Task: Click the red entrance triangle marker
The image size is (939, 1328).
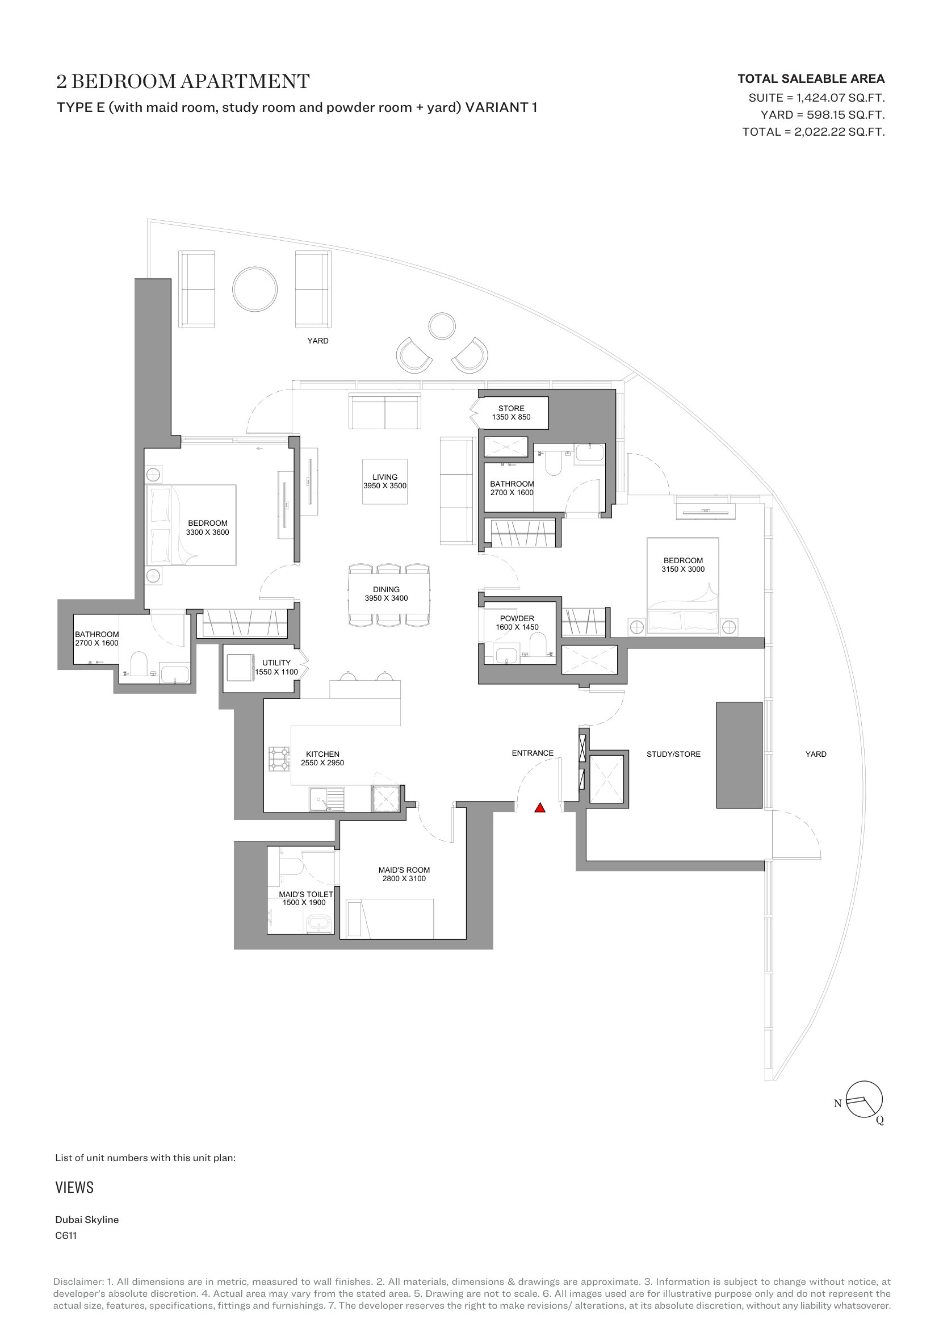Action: [x=539, y=808]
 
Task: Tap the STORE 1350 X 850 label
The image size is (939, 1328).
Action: [x=511, y=412]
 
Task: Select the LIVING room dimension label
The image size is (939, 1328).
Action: [x=384, y=481]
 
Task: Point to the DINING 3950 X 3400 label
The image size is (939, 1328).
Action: [x=386, y=594]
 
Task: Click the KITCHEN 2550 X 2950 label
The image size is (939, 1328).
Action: [x=322, y=759]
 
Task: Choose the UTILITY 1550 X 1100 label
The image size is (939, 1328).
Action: [x=276, y=668]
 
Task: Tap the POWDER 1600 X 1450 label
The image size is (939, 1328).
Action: [x=517, y=623]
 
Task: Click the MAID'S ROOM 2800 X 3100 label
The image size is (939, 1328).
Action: [x=404, y=874]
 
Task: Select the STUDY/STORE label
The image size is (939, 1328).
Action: [x=674, y=754]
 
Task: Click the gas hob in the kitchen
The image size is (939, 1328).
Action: [x=279, y=759]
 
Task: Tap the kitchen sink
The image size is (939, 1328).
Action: [x=326, y=799]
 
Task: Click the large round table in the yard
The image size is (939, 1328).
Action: [x=254, y=289]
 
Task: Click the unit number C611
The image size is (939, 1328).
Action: [x=66, y=1236]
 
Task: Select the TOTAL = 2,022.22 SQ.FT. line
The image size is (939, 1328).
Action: [x=814, y=132]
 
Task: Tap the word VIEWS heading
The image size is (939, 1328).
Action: [x=74, y=1187]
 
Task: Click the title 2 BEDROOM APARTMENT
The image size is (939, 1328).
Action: [x=183, y=82]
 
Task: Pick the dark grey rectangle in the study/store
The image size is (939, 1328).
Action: [x=740, y=755]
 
